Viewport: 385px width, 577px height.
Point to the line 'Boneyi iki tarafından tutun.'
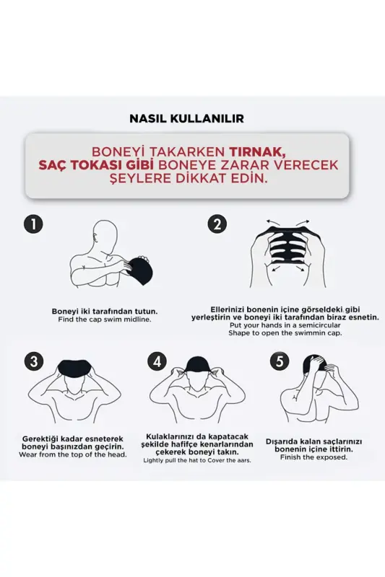105,311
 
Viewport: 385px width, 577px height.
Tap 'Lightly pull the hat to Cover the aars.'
197,460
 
